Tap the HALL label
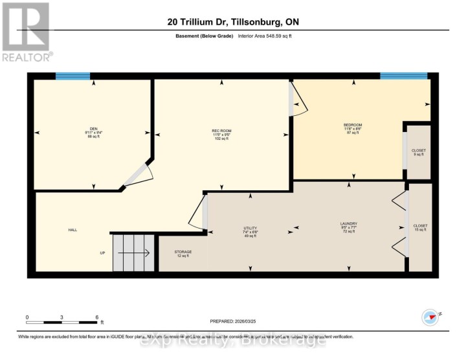[72, 230]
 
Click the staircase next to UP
[135, 253]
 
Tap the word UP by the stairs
[102, 253]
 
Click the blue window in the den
[72, 76]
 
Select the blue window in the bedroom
[404, 76]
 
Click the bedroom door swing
[298, 102]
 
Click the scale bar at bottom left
[61, 319]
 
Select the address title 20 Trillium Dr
[232, 22]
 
